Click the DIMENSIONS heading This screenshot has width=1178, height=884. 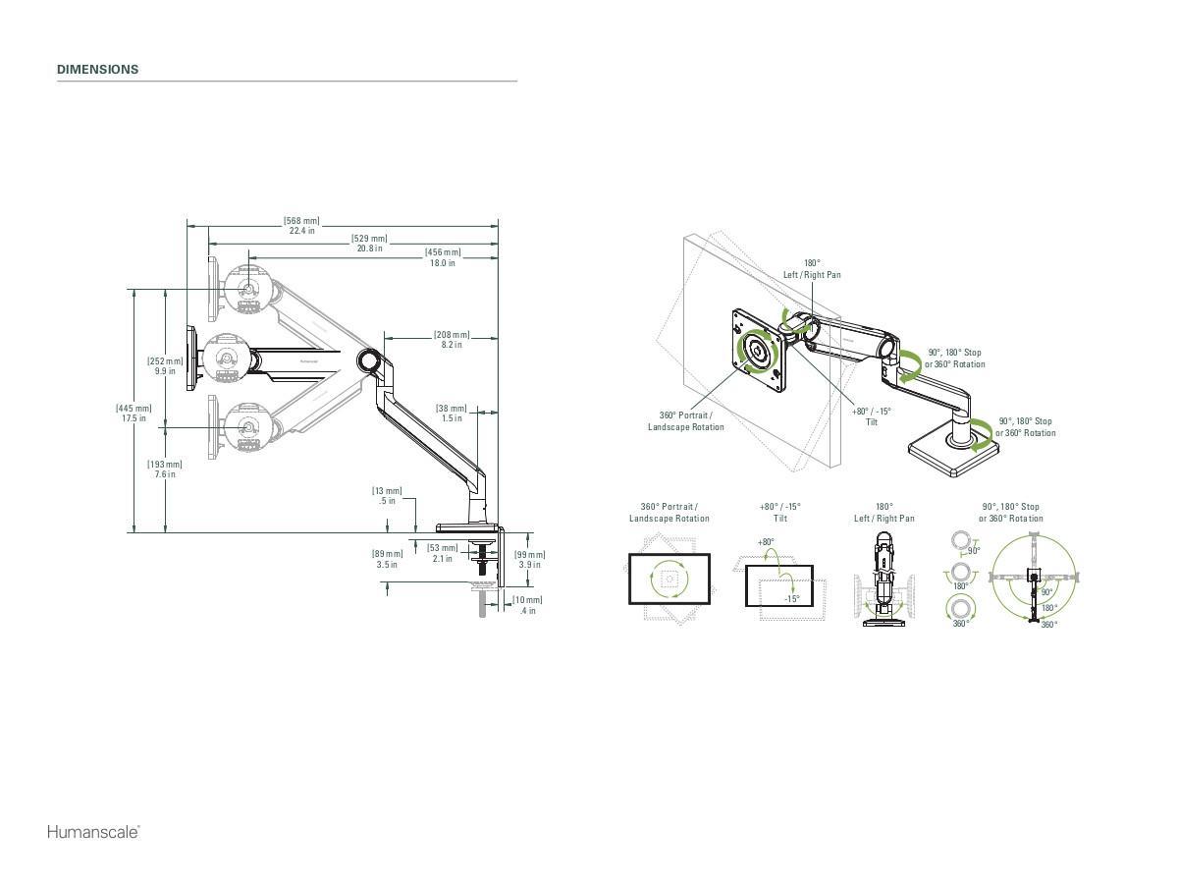click(97, 70)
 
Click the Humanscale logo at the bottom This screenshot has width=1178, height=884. click(93, 832)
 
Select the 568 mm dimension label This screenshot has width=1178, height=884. click(301, 226)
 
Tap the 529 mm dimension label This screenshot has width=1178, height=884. click(369, 244)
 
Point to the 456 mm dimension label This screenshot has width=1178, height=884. click(442, 257)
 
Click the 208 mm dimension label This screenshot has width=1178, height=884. click(452, 340)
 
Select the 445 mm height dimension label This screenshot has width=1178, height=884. click(134, 413)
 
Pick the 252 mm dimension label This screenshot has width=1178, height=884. click(164, 366)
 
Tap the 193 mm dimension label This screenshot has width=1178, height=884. click(164, 470)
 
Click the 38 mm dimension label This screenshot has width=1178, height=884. click(451, 413)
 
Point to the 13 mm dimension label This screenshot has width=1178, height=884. click(387, 495)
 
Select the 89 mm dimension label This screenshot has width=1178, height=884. click(387, 559)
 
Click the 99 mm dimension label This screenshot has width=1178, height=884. click(530, 559)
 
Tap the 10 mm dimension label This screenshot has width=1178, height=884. click(527, 605)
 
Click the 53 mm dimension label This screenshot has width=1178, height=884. click(442, 553)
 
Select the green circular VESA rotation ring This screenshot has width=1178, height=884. click(758, 351)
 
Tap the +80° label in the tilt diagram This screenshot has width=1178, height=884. click(765, 542)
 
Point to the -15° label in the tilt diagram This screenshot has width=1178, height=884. click(791, 598)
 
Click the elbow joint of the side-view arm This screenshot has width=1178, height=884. click(370, 360)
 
